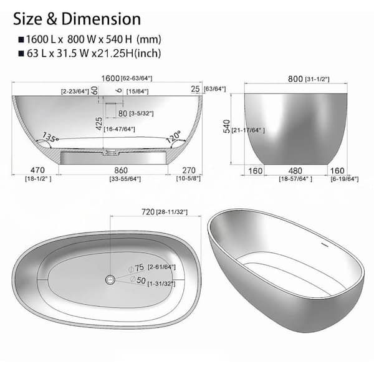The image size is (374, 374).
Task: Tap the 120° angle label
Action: (173, 135)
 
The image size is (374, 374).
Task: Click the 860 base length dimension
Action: (113, 170)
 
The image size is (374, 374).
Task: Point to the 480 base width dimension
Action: (297, 169)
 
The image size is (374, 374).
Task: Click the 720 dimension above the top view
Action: (147, 213)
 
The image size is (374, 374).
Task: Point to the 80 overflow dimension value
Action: (123, 113)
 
